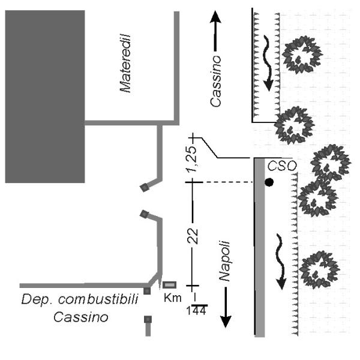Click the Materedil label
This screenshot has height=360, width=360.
(125, 63)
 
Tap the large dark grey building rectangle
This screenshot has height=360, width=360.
(45, 97)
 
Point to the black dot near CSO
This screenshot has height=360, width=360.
(269, 182)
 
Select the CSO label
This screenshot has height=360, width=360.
(282, 166)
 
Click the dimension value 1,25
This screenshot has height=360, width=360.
(191, 159)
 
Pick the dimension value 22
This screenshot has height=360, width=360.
(193, 236)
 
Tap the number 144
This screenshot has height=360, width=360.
(196, 311)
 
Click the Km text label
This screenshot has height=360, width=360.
(173, 298)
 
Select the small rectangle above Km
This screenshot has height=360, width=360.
(170, 285)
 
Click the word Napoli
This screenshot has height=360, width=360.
(224, 261)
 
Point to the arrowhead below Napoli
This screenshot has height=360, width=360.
(226, 322)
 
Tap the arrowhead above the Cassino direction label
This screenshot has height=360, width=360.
(215, 17)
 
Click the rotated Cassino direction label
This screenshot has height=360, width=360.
(215, 81)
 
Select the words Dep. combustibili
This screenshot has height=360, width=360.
(80, 299)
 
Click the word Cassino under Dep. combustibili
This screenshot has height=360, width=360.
(81, 317)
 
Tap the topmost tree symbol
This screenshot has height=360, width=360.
(302, 55)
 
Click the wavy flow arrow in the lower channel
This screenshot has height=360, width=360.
(281, 262)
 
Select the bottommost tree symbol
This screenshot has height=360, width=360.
(320, 270)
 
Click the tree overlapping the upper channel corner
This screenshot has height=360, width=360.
(295, 125)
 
